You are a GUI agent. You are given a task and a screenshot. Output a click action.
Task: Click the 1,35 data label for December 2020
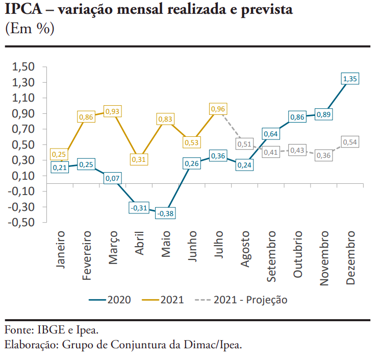[350, 79]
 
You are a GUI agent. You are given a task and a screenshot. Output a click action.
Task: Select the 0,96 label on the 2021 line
[218, 109]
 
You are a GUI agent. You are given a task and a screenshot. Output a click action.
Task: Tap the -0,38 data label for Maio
[165, 213]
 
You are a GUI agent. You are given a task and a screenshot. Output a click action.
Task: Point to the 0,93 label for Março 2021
[112, 111]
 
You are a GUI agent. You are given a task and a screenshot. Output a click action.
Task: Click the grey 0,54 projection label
[350, 142]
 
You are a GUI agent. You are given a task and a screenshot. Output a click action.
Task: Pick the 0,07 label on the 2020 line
[112, 178]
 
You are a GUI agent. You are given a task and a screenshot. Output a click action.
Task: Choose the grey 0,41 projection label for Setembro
[271, 152]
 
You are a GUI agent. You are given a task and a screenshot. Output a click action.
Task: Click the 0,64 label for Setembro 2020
[271, 134]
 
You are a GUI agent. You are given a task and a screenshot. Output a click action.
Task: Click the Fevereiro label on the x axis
[86, 255]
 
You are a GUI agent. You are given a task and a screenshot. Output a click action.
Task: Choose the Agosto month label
[245, 249]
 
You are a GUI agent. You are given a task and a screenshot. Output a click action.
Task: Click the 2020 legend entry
[110, 300]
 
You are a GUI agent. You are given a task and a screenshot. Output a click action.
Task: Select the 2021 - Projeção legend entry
[241, 300]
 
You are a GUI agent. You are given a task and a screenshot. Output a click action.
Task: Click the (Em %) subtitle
[29, 29]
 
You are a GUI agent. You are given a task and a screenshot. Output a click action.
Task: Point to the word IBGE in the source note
[50, 329]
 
